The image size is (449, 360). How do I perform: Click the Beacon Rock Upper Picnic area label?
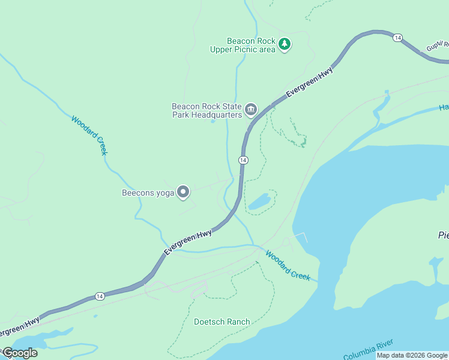click(x=243, y=45)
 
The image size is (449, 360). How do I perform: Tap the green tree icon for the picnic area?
click(x=285, y=44)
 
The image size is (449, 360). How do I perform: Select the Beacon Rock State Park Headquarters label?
click(x=206, y=110)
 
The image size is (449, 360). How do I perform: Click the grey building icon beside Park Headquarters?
click(x=251, y=110)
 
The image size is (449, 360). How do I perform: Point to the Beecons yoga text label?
click(x=148, y=193)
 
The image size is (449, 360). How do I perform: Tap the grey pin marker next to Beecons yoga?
click(x=184, y=192)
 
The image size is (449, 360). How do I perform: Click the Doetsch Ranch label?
click(x=221, y=322)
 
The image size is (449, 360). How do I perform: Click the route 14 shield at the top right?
click(x=397, y=38)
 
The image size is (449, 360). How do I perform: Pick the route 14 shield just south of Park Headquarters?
click(x=243, y=160)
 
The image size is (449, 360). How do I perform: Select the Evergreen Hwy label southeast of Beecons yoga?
click(x=188, y=242)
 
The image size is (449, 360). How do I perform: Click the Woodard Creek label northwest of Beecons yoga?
click(x=89, y=136)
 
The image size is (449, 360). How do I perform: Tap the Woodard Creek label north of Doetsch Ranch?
click(x=288, y=266)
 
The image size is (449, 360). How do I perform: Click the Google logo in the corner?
click(x=20, y=353)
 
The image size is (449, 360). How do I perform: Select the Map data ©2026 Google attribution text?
click(x=411, y=355)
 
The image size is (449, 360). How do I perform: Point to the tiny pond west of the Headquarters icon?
click(x=212, y=121)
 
